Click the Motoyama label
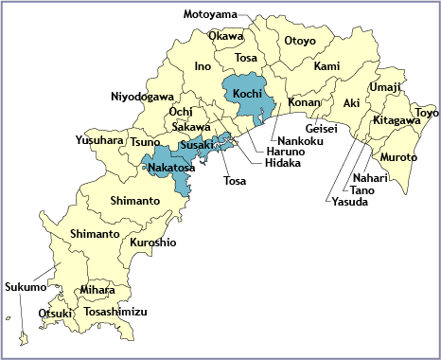point(209,14)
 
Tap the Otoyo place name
point(300,41)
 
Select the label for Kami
point(326,66)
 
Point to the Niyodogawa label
point(142,97)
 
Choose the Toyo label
point(427,113)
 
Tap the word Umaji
point(385,87)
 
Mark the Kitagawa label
point(397,121)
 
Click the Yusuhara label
point(99,140)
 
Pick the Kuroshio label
point(153,243)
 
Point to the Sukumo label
point(25,286)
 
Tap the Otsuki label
point(55,313)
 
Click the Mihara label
point(97,290)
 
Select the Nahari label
point(369,178)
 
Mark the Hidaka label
point(283,163)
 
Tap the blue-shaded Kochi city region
point(247,96)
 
